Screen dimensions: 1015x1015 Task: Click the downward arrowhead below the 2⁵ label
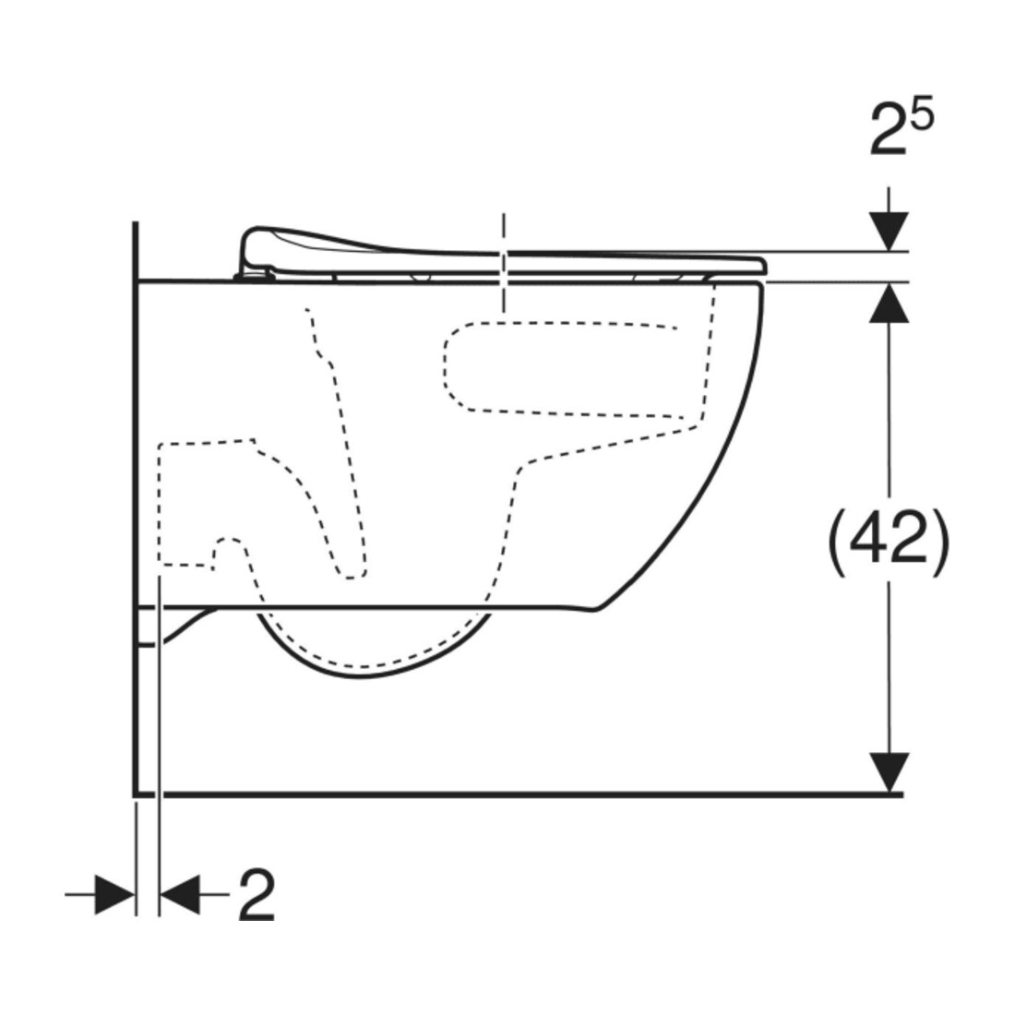point(890,232)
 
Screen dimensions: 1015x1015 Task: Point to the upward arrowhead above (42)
point(890,303)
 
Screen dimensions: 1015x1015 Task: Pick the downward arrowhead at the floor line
point(890,772)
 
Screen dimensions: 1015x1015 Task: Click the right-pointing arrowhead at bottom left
point(114,895)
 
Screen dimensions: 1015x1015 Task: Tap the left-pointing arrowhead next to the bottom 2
point(180,895)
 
